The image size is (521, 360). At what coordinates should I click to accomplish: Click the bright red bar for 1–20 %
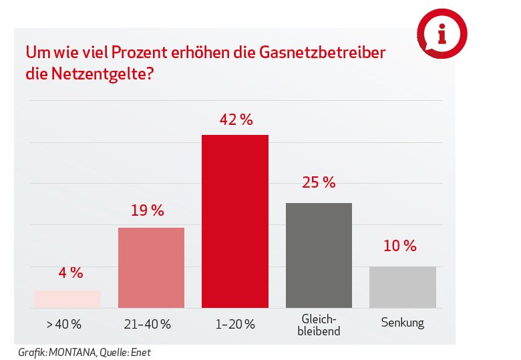(x=235, y=221)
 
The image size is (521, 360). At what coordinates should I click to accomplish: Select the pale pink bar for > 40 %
(x=67, y=299)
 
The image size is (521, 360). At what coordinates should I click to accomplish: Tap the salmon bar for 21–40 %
(x=152, y=268)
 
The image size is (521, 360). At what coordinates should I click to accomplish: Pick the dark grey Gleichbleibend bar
(x=319, y=255)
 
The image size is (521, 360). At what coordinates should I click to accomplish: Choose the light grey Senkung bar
(x=402, y=287)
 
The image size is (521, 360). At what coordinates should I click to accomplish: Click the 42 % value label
(x=236, y=121)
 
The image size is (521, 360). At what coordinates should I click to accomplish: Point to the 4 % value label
(x=68, y=273)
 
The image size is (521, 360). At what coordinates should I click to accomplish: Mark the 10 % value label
(x=399, y=246)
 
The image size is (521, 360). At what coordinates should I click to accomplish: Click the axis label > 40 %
(x=64, y=325)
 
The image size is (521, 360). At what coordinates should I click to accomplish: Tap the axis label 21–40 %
(x=148, y=325)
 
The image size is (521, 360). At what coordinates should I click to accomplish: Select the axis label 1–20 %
(x=234, y=325)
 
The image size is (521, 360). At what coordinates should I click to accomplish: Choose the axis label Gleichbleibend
(x=319, y=325)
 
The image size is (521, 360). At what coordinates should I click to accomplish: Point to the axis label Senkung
(x=402, y=323)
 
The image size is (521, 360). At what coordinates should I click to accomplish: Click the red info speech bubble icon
(x=441, y=32)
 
